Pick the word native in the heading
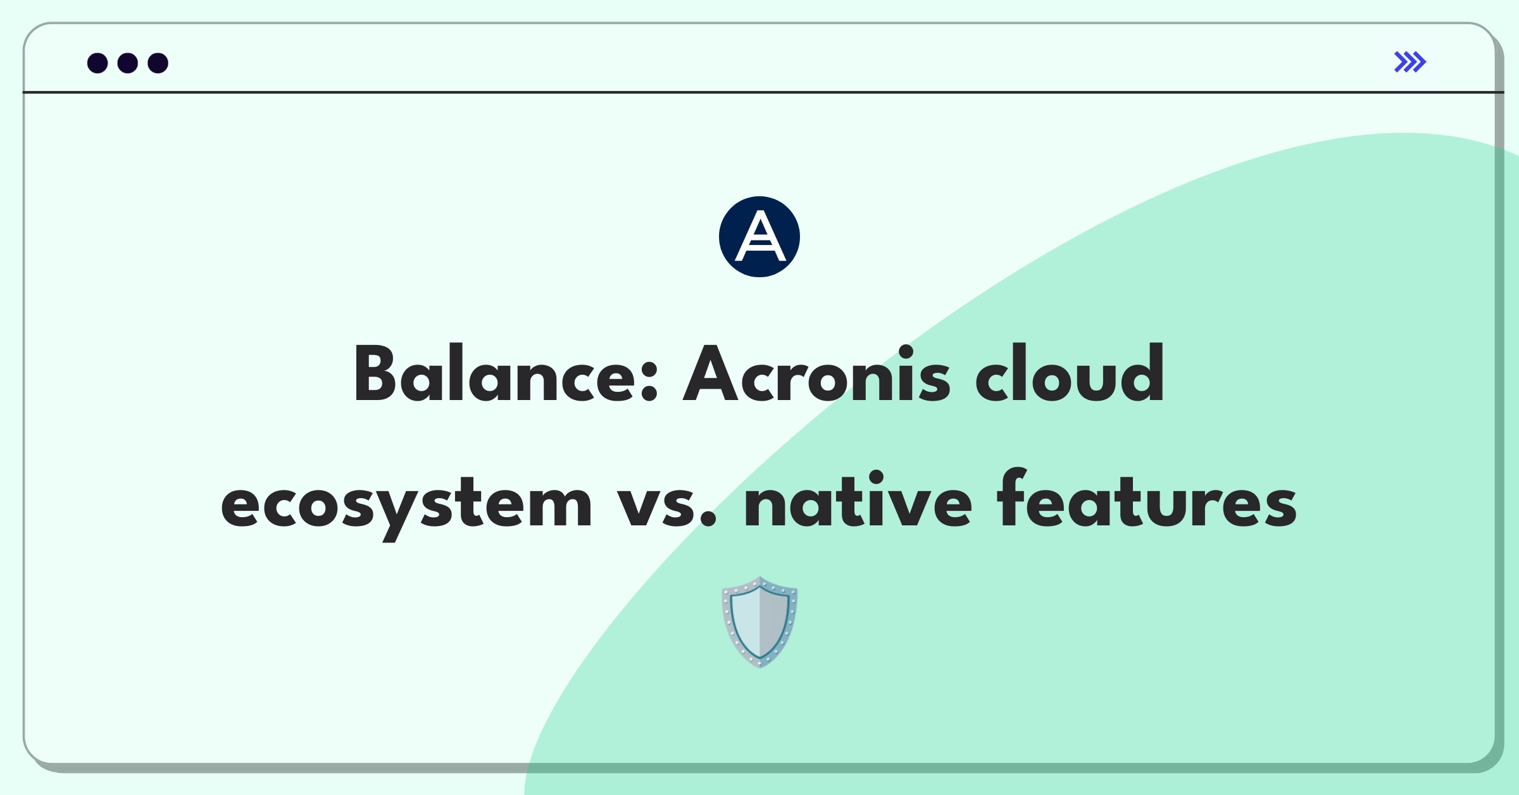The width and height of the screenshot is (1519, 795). (858, 500)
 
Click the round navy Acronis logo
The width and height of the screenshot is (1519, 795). (759, 237)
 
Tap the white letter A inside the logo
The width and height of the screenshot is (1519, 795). (759, 237)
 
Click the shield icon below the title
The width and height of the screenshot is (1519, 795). (759, 622)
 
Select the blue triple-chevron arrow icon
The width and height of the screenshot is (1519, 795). (1410, 62)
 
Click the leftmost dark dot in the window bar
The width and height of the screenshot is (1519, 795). (97, 63)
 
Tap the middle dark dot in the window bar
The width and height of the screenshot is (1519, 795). (128, 63)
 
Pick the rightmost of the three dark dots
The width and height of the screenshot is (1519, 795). (158, 63)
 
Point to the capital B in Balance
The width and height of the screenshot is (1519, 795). (377, 374)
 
